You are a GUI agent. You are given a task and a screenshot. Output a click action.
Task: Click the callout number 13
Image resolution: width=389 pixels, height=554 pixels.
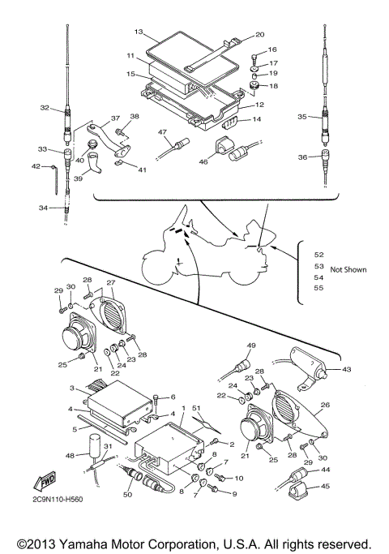tap(139, 32)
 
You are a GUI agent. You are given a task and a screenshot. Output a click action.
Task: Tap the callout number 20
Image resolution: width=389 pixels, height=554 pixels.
tap(260, 35)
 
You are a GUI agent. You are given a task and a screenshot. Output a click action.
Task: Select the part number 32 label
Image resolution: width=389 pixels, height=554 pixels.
tap(45, 107)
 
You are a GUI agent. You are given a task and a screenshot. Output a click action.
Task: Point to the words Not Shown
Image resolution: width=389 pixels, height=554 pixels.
tap(348, 269)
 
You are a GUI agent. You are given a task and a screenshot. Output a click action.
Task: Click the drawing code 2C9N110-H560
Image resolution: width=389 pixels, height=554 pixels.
tap(57, 499)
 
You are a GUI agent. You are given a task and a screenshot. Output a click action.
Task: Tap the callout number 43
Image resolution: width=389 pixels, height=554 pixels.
tap(347, 369)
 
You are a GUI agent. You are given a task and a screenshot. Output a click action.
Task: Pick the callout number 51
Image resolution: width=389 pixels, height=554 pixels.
tap(196, 408)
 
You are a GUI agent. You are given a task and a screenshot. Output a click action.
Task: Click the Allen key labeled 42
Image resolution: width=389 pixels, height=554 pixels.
tap(54, 179)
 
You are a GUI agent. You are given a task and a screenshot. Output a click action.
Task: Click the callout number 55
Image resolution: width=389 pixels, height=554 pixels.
tap(318, 288)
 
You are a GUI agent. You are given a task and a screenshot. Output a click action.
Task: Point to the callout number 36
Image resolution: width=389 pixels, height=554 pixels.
tap(302, 157)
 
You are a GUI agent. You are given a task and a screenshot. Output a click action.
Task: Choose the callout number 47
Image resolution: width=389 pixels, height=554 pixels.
tap(162, 132)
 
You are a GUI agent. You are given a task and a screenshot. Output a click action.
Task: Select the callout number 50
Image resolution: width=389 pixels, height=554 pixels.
tap(127, 494)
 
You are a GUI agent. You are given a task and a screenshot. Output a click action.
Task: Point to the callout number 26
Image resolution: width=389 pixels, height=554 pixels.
tap(325, 405)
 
